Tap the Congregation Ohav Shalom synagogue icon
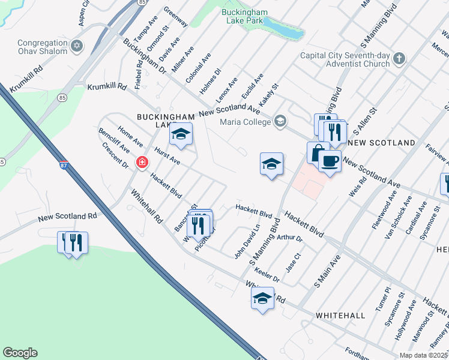tap(77, 46)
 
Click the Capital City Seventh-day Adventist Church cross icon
tap(400, 59)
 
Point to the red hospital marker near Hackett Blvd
tap(142, 162)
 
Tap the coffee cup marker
tap(330, 161)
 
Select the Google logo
tap(20, 353)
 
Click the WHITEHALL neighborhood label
tap(340, 315)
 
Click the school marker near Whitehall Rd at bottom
tap(262, 298)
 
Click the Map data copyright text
tap(424, 355)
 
